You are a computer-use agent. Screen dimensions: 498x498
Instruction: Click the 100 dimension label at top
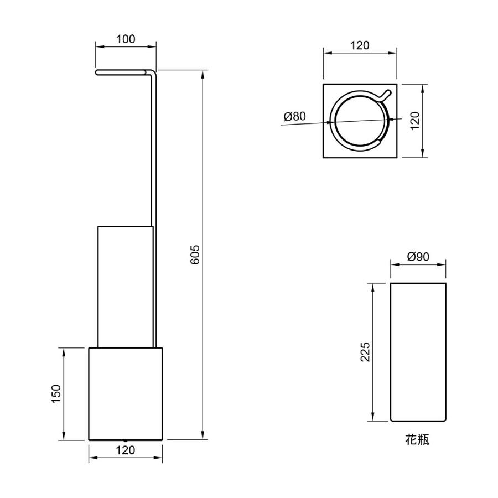click(x=126, y=39)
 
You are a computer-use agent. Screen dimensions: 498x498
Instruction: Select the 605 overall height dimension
click(x=195, y=255)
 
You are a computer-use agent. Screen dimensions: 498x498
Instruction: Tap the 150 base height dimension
click(x=56, y=394)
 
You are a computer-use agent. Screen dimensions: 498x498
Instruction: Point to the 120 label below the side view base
click(x=126, y=450)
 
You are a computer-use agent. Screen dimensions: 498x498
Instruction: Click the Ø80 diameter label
click(x=295, y=116)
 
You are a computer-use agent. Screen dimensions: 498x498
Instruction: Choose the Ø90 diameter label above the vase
click(x=418, y=256)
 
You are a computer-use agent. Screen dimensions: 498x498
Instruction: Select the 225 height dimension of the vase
click(x=365, y=351)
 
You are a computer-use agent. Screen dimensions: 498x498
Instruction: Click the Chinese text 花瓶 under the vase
click(x=417, y=439)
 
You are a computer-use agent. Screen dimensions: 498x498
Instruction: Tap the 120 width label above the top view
click(x=360, y=46)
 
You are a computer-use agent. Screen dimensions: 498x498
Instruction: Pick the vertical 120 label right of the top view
click(x=415, y=121)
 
